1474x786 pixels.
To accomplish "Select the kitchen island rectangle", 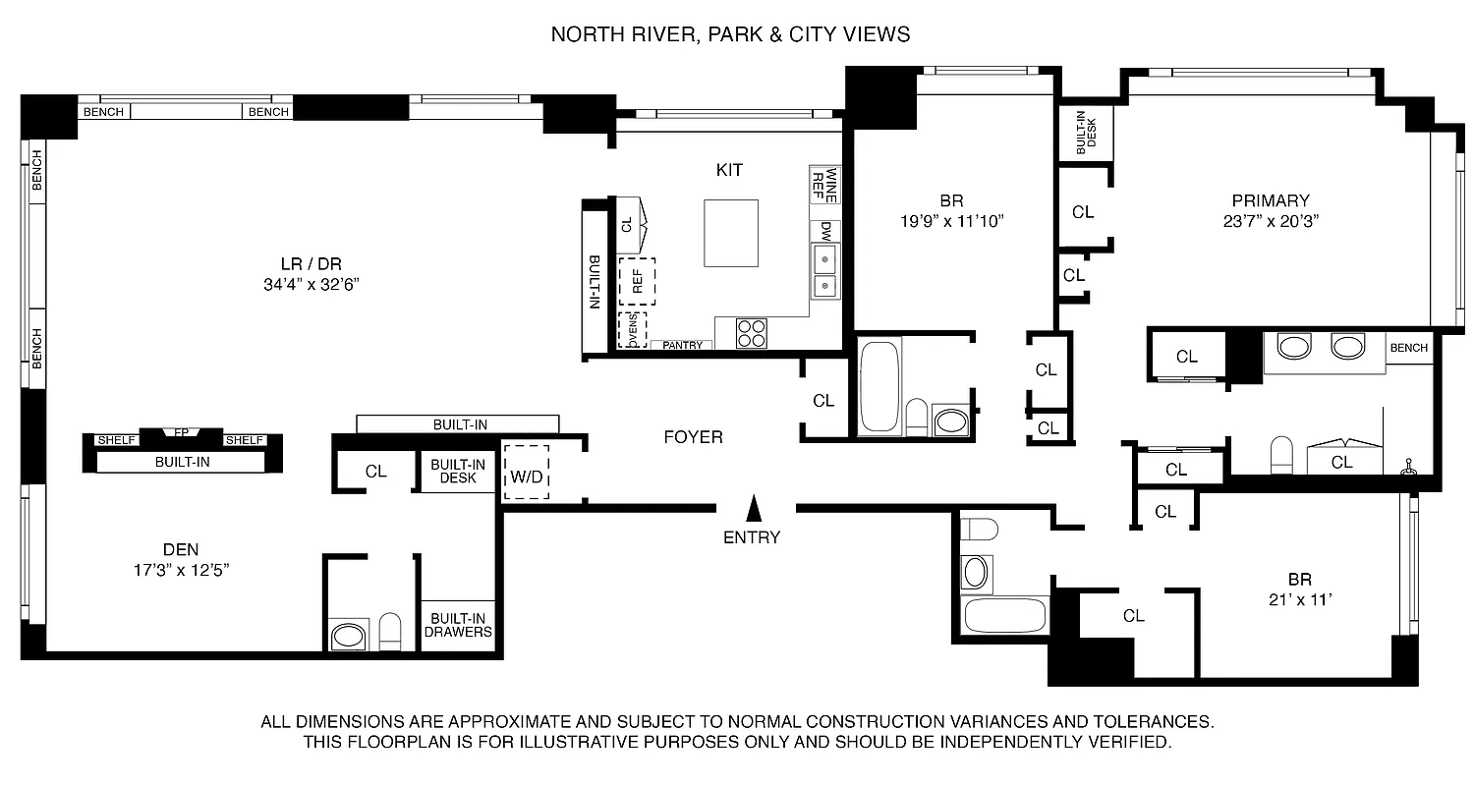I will point(731,233).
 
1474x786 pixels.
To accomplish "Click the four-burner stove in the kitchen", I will point(753,334).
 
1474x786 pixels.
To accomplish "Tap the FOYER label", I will point(693,437).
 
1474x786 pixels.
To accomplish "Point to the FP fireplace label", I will point(181,432).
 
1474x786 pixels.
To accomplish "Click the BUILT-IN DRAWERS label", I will point(458,625).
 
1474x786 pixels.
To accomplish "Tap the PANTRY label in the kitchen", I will point(682,345).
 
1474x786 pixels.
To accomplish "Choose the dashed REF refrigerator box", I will point(637,282).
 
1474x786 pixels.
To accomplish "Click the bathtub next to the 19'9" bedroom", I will point(879,386).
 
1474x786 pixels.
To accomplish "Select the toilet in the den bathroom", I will point(390,633).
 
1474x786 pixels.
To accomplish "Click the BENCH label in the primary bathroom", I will point(1408,348).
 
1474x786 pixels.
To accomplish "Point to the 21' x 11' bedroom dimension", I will point(1299,600).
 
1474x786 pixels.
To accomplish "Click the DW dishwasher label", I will point(825,233).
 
